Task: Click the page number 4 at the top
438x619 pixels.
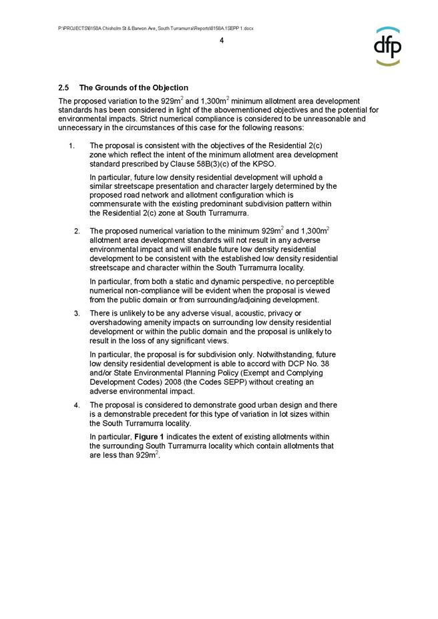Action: [221, 41]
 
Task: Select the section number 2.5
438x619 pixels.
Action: [64, 88]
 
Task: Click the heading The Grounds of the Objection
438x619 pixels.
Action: [134, 88]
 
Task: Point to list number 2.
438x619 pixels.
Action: [77, 231]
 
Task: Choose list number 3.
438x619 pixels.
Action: [77, 314]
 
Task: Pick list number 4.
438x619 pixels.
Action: [77, 405]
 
